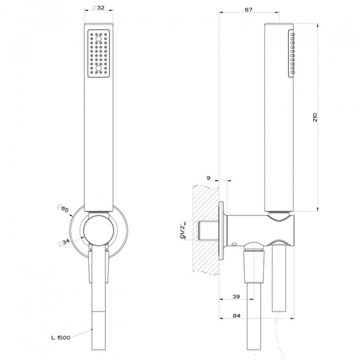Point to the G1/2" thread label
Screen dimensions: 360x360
181,230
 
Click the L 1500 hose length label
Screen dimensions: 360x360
61,338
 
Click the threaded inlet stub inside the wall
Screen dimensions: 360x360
209,231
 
